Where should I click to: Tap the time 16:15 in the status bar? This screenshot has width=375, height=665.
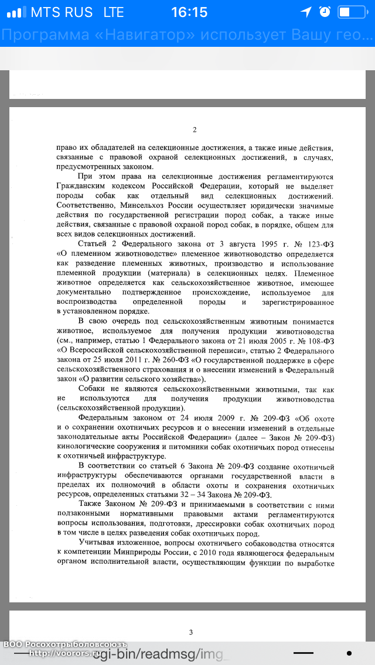pos(189,12)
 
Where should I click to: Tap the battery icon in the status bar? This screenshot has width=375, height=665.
pos(351,12)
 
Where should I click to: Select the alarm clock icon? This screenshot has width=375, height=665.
pos(325,12)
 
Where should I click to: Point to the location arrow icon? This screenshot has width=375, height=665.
pos(306,12)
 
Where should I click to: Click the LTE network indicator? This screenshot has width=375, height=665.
pos(117,12)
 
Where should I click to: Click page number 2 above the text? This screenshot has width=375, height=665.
pos(195,130)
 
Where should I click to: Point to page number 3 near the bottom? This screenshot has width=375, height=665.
pos(190,632)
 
